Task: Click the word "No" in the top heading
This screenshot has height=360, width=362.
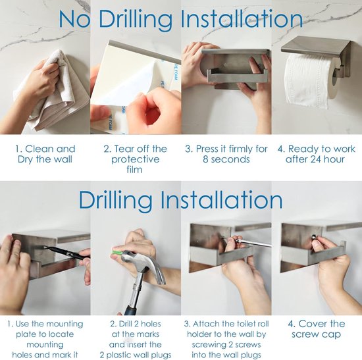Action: click(74, 19)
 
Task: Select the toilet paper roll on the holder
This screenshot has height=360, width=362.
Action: click(311, 81)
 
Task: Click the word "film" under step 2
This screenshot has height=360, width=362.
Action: click(134, 170)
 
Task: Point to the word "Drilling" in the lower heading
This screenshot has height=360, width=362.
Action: click(115, 200)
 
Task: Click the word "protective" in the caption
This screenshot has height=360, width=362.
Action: click(136, 159)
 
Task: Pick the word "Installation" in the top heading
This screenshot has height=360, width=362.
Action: click(242, 19)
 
